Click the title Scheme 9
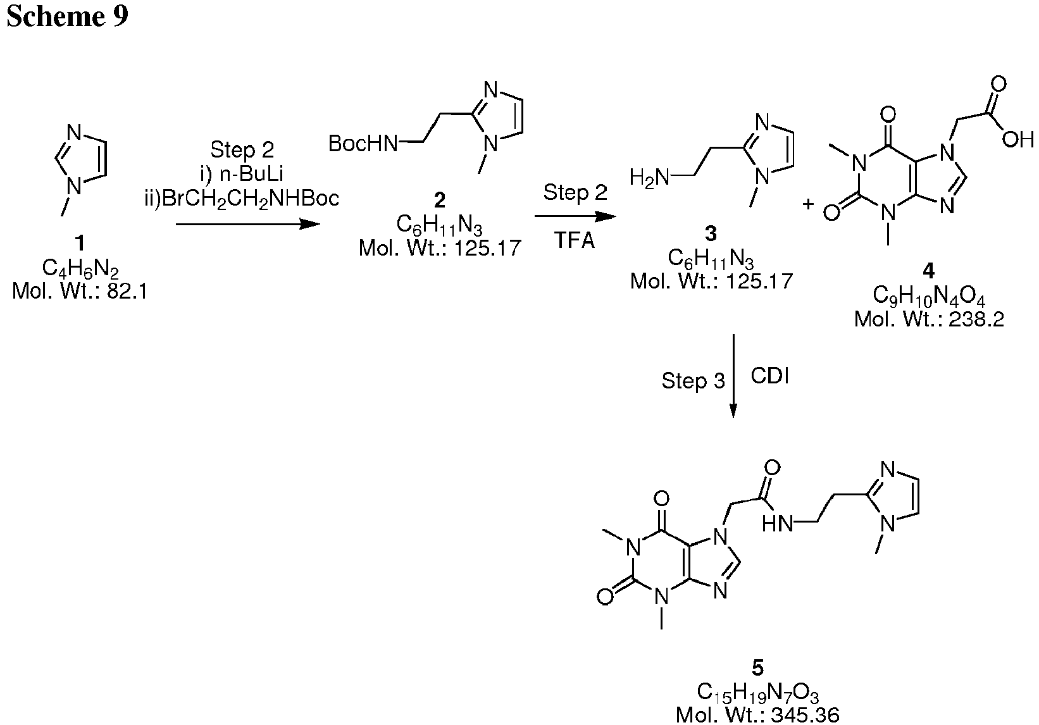67,16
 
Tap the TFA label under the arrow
574,241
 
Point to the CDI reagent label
770,376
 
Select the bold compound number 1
80,242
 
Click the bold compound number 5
757,668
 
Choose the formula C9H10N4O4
929,295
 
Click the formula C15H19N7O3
757,693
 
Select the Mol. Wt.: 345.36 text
757,715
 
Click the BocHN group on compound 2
363,144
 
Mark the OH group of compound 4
1017,139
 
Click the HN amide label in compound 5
778,524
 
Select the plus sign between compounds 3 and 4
808,204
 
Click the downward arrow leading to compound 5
733,376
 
